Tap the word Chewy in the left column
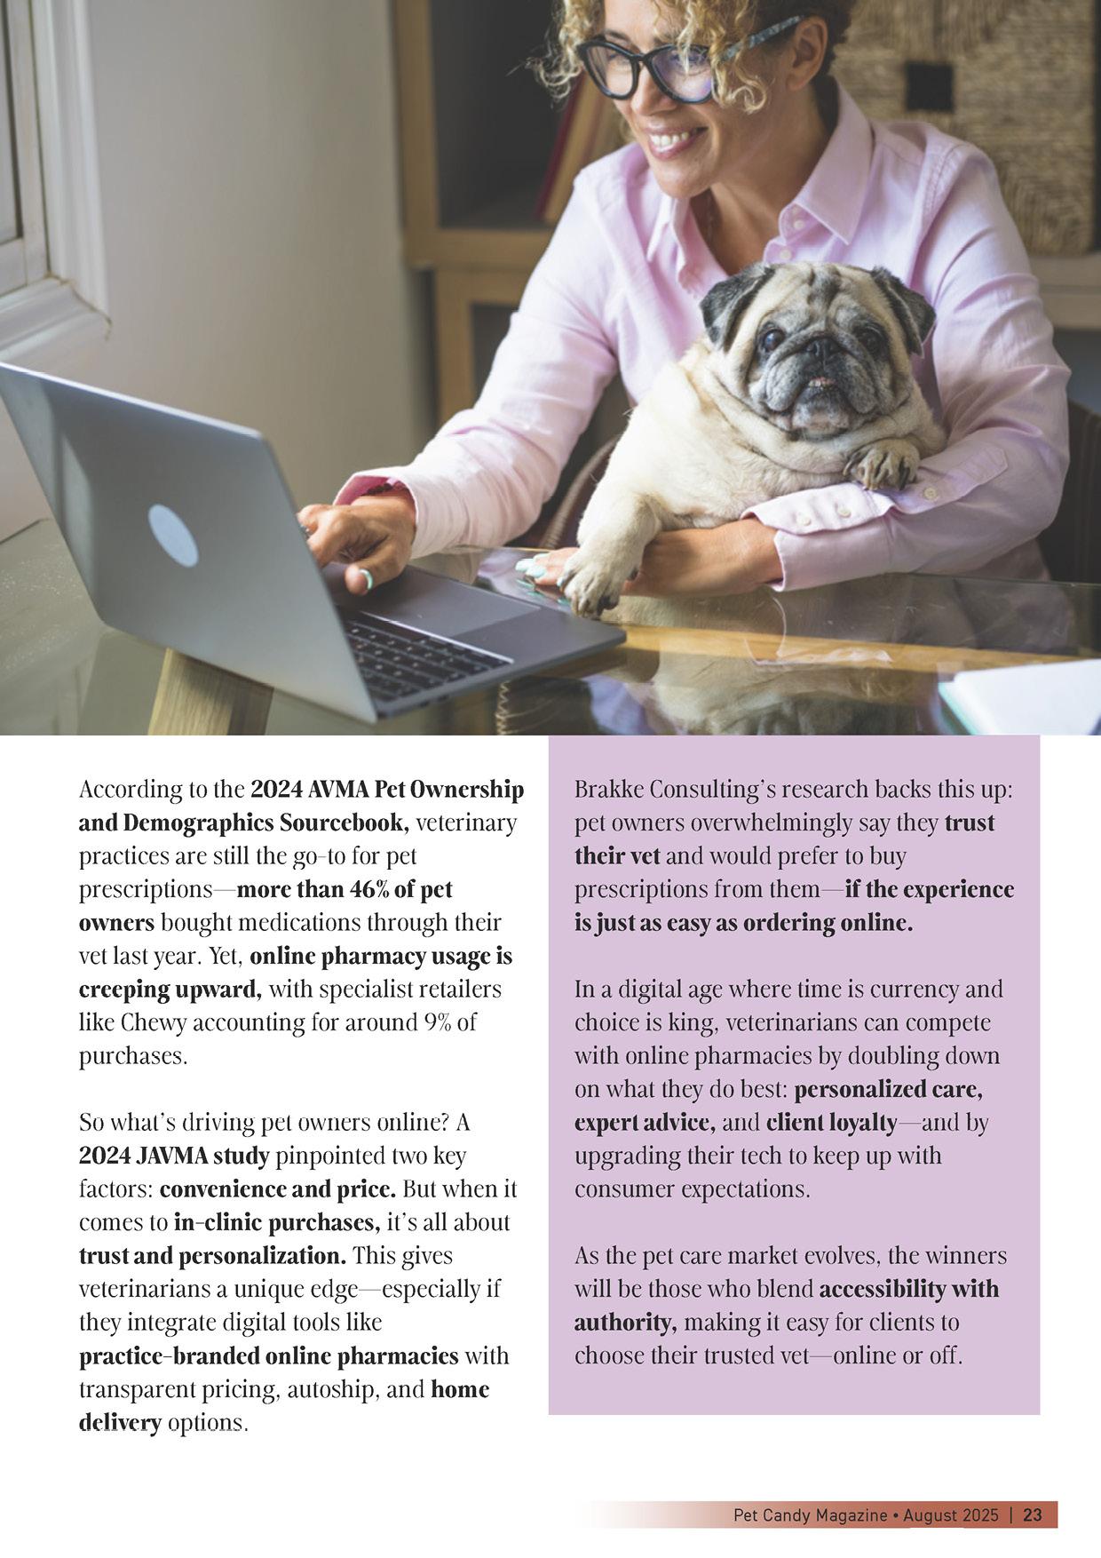pyautogui.click(x=153, y=1022)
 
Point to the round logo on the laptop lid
pyautogui.click(x=172, y=536)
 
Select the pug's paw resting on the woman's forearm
pyautogui.click(x=882, y=464)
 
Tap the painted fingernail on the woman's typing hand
pyautogui.click(x=365, y=582)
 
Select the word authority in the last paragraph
pyautogui.click(x=624, y=1323)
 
